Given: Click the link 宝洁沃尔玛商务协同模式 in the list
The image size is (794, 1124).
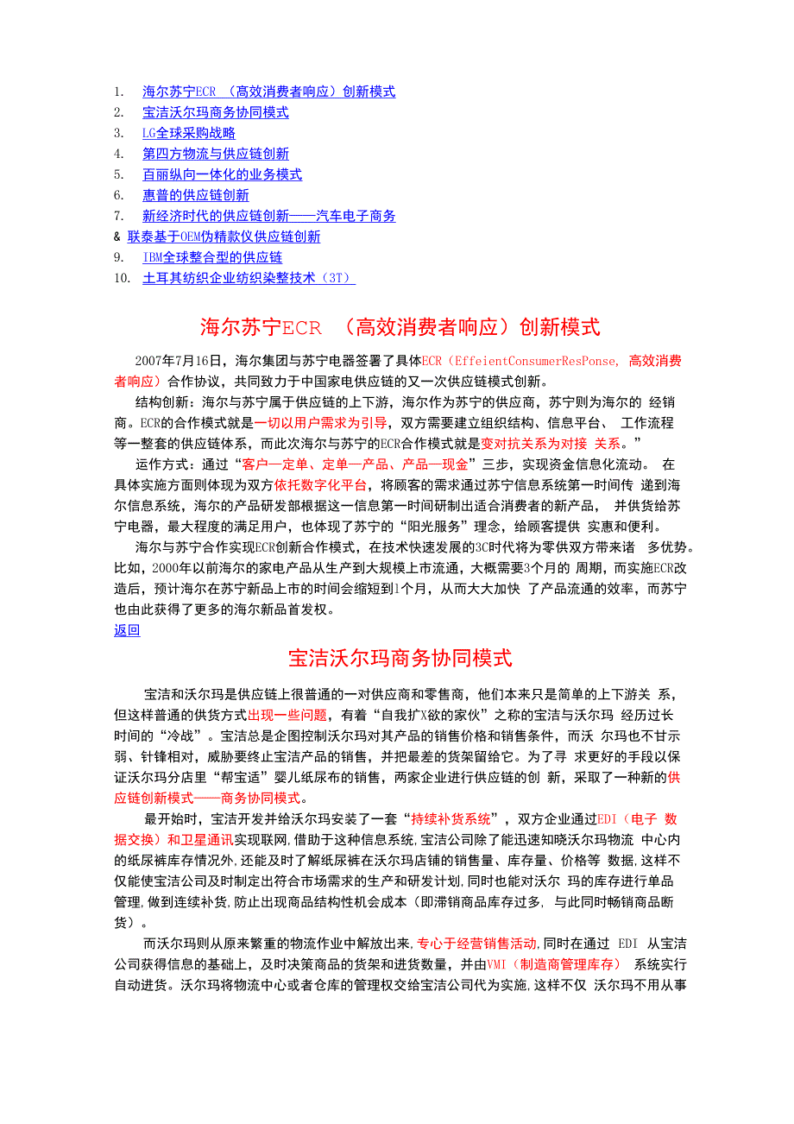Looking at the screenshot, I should [216, 112].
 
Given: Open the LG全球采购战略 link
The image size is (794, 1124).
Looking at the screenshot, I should [189, 133].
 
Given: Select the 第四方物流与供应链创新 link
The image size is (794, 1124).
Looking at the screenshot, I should [216, 154].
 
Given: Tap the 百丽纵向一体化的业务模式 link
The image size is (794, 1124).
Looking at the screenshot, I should [222, 174].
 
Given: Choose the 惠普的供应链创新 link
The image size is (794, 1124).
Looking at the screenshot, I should [196, 195].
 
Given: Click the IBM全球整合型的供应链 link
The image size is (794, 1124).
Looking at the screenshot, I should [212, 257].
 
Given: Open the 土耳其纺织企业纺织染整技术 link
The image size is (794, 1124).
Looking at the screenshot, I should [249, 278].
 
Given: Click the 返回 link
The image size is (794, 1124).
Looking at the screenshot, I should [127, 630].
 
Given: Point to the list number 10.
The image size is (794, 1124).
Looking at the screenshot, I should [122, 278].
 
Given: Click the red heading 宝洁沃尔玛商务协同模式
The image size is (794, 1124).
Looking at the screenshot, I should [400, 659].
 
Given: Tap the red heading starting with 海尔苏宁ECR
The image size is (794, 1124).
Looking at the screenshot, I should [400, 328].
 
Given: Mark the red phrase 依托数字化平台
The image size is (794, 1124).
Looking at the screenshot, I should [320, 485].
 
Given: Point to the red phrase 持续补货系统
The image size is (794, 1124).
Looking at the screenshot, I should [451, 818].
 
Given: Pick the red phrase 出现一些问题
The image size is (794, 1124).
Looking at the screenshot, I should [287, 715].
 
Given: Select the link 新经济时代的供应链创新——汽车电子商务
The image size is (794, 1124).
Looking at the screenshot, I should [269, 216].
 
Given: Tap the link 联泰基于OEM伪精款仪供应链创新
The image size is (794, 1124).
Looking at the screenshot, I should [224, 237].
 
